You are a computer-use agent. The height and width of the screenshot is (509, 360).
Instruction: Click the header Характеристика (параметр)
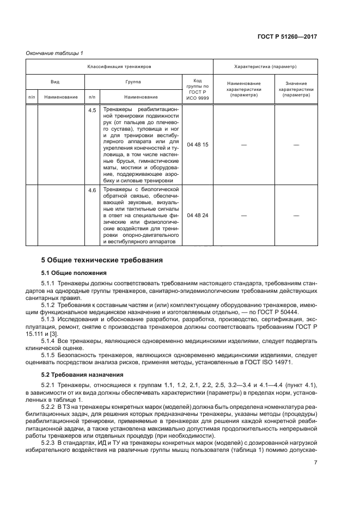point(265,66)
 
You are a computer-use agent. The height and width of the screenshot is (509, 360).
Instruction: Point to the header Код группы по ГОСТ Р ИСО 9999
point(197,88)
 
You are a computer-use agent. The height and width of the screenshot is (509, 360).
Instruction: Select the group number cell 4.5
point(92,111)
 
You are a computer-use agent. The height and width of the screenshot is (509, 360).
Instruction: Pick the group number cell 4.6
point(92,190)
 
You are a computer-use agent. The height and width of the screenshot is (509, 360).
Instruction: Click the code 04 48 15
point(197,145)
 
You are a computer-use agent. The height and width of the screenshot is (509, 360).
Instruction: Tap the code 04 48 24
point(197,216)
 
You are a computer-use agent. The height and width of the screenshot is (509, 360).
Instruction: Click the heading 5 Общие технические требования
point(102,261)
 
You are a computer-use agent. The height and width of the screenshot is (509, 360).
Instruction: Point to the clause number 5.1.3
point(50,318)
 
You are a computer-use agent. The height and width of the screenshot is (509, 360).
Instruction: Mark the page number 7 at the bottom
point(316,463)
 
